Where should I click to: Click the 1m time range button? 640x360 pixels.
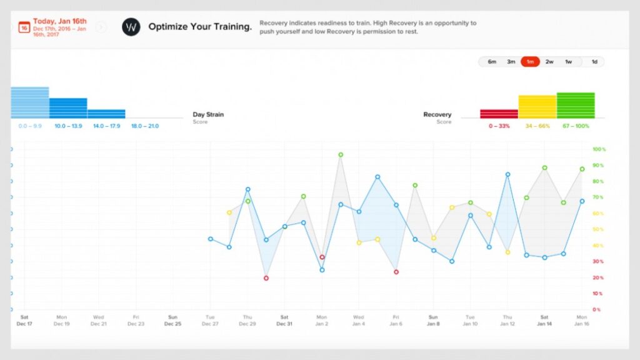tap(530, 62)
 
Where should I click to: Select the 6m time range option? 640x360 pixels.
tap(492, 62)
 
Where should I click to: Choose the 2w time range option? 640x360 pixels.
tap(549, 62)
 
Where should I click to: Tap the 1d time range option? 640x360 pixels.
tap(594, 62)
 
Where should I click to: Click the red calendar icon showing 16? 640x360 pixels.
tap(24, 27)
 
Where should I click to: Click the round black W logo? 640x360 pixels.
tap(131, 27)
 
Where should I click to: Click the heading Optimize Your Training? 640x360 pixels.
tap(200, 27)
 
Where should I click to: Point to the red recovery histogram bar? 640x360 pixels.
tap(499, 114)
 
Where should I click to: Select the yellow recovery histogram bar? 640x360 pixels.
tap(537, 107)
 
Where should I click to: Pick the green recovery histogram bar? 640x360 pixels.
tap(576, 105)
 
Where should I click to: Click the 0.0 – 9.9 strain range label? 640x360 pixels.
tap(30, 126)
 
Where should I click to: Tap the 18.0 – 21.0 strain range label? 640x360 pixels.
tap(144, 126)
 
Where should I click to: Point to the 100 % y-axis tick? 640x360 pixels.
tap(599, 149)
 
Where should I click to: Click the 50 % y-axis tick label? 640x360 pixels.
tap(599, 229)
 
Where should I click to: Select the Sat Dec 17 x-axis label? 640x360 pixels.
tap(24, 320)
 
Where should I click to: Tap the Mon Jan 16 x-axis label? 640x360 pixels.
tap(582, 320)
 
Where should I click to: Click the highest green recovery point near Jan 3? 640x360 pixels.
tap(341, 154)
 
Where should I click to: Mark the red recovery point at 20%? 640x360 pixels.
tap(266, 278)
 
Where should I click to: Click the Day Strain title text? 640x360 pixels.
tap(208, 114)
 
